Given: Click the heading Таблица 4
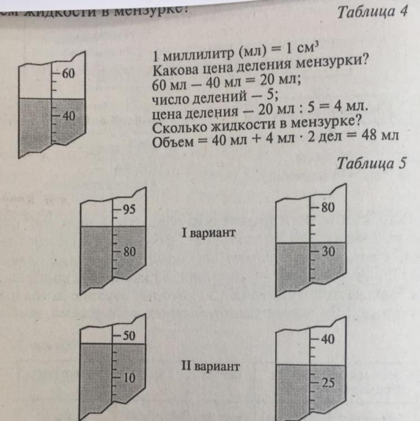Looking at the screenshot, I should [372, 13].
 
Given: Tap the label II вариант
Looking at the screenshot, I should [210, 367].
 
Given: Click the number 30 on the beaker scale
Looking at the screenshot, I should [328, 252].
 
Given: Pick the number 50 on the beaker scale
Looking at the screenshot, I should [129, 336].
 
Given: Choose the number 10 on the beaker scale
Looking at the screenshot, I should [129, 378].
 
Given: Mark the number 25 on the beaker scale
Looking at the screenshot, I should [328, 383].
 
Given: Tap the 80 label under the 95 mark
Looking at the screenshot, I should [130, 251].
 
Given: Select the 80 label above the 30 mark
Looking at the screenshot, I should [328, 207].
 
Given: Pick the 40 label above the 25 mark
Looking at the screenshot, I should [328, 339].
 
